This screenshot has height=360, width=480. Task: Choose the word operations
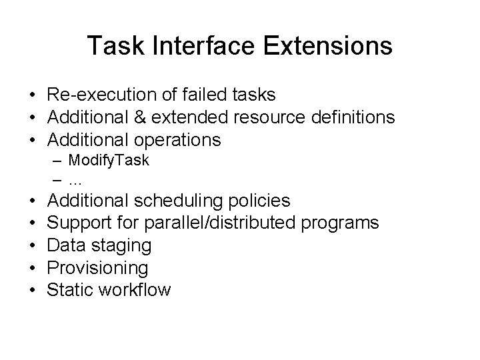coord(177,140)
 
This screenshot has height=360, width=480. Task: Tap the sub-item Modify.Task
coord(109,160)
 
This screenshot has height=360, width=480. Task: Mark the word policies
coord(265,200)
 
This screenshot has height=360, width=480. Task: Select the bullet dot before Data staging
coord(32,245)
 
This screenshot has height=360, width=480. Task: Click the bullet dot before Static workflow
coord(32,290)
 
